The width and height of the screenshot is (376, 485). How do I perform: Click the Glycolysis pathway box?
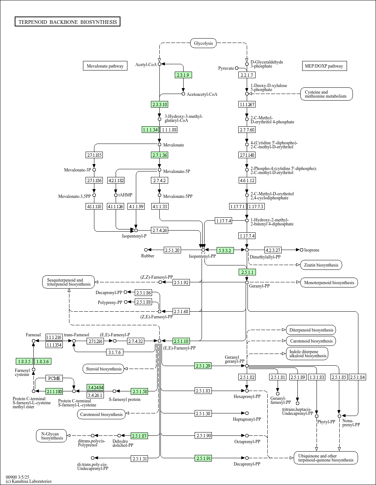[x=203, y=43]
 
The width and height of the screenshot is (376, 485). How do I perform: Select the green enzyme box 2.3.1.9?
[x=183, y=75]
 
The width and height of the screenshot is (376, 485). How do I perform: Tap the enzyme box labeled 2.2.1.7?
[x=247, y=75]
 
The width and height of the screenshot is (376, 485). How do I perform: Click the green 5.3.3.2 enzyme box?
[x=225, y=250]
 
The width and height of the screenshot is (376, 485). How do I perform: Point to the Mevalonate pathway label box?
[x=105, y=66]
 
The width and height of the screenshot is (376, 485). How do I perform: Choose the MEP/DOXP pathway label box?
[x=325, y=66]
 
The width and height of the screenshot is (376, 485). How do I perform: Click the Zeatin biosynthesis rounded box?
[x=321, y=265]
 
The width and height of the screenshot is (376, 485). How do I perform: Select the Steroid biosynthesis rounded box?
[x=104, y=369]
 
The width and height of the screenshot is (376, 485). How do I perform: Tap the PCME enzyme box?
[x=54, y=378]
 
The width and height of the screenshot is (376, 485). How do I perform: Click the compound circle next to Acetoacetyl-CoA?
[x=183, y=94]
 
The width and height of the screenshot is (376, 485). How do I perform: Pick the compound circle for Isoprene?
[x=301, y=250]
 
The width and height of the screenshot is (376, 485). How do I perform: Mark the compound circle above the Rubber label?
[x=146, y=250]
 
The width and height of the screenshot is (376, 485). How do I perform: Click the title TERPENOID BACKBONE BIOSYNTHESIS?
[x=68, y=22]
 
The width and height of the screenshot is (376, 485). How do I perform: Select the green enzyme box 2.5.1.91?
[x=203, y=458]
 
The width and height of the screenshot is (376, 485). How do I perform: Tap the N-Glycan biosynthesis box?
[x=51, y=436]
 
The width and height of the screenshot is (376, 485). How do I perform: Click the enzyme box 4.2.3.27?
[x=273, y=250]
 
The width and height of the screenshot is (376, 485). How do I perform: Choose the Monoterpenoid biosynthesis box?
[x=329, y=283]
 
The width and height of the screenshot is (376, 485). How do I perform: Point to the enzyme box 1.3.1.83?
[x=317, y=377]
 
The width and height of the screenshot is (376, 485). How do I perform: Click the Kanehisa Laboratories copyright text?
[x=29, y=481]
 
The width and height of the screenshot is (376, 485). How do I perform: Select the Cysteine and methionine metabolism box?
[x=326, y=94]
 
